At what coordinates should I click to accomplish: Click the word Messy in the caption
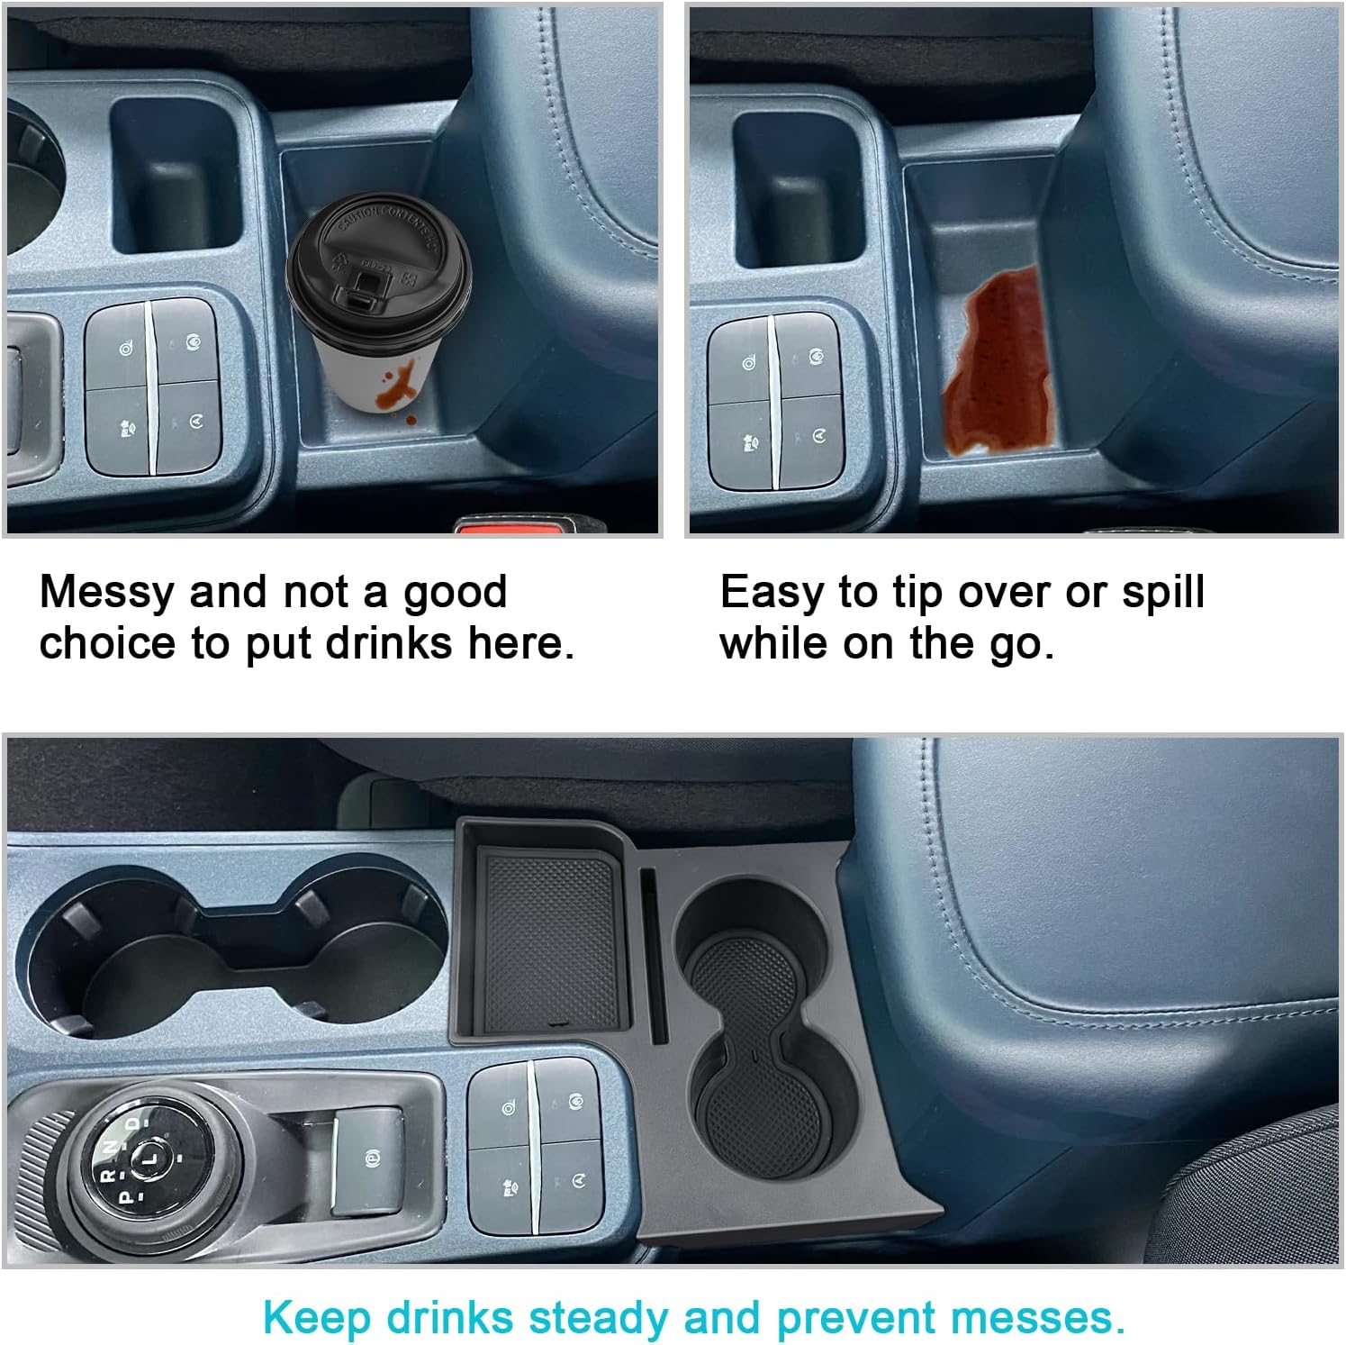pos(107,593)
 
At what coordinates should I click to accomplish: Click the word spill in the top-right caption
pos(1162,593)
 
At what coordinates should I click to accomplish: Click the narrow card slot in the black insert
pos(654,955)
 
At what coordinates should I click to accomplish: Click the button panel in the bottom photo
pos(535,1144)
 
